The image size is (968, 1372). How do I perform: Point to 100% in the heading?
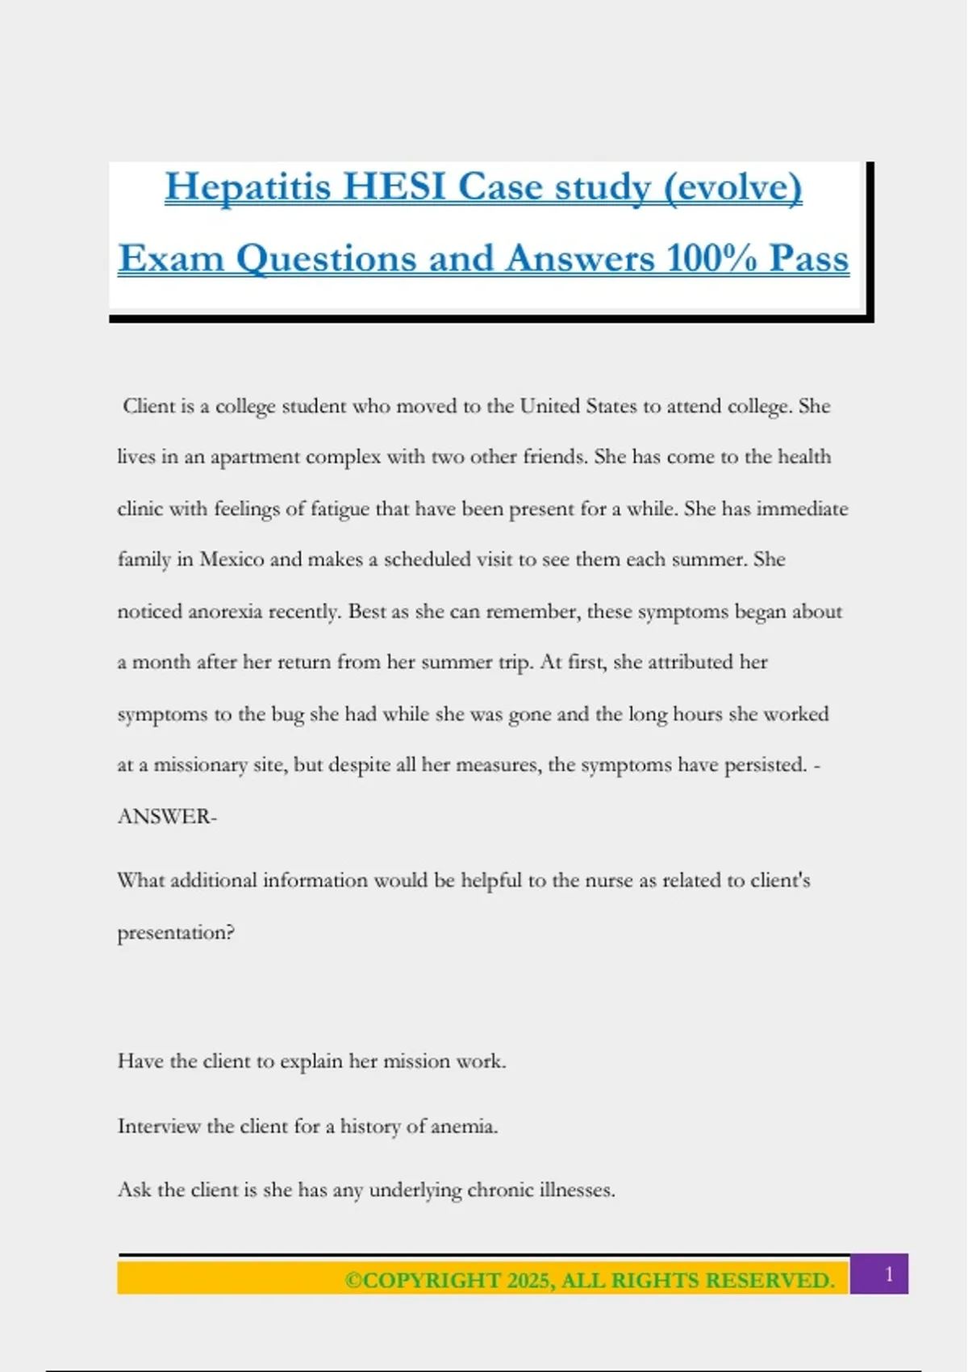coord(712,259)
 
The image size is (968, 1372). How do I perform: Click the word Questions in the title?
coord(327,259)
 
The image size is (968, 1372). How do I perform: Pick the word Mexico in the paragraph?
coord(232,559)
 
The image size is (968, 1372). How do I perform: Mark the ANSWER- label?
coord(167,817)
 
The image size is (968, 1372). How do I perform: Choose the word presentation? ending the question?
coord(176,933)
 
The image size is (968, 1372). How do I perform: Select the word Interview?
coord(159,1126)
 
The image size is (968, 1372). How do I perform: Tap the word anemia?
coord(464,1126)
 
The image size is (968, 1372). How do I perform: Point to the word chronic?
coord(500,1190)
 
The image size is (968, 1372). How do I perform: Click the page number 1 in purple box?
coord(888,1274)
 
